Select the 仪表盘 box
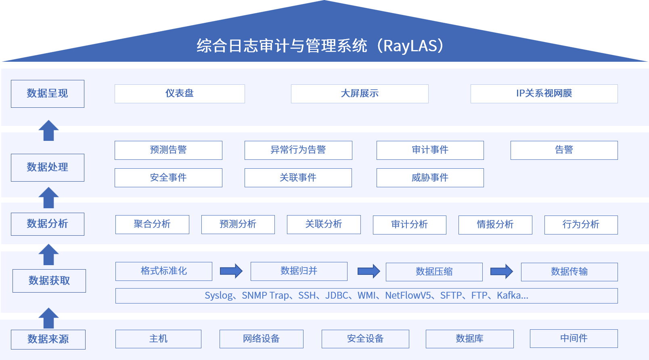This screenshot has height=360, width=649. click(180, 94)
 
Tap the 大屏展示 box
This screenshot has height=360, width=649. click(359, 94)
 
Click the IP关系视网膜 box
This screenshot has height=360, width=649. click(544, 94)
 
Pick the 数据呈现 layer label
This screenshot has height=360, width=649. click(48, 94)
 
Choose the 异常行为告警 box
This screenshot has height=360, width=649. click(298, 150)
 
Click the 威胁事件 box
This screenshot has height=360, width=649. click(430, 178)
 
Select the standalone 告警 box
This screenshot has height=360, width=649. click(564, 150)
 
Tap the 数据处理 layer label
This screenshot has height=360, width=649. click(48, 167)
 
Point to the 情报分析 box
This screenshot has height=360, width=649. click(495, 225)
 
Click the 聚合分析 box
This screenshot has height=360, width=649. click(152, 224)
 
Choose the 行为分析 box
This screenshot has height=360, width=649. click(581, 225)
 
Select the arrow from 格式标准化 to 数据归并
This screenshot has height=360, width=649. click(231, 271)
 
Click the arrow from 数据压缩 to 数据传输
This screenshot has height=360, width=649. click(501, 271)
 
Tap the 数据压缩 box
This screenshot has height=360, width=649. click(434, 272)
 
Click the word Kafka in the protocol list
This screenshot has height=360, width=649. click(509, 295)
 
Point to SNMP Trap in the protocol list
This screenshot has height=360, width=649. click(265, 295)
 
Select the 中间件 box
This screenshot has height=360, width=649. click(574, 338)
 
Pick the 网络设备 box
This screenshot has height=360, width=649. click(261, 339)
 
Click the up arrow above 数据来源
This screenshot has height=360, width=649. click(48, 318)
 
